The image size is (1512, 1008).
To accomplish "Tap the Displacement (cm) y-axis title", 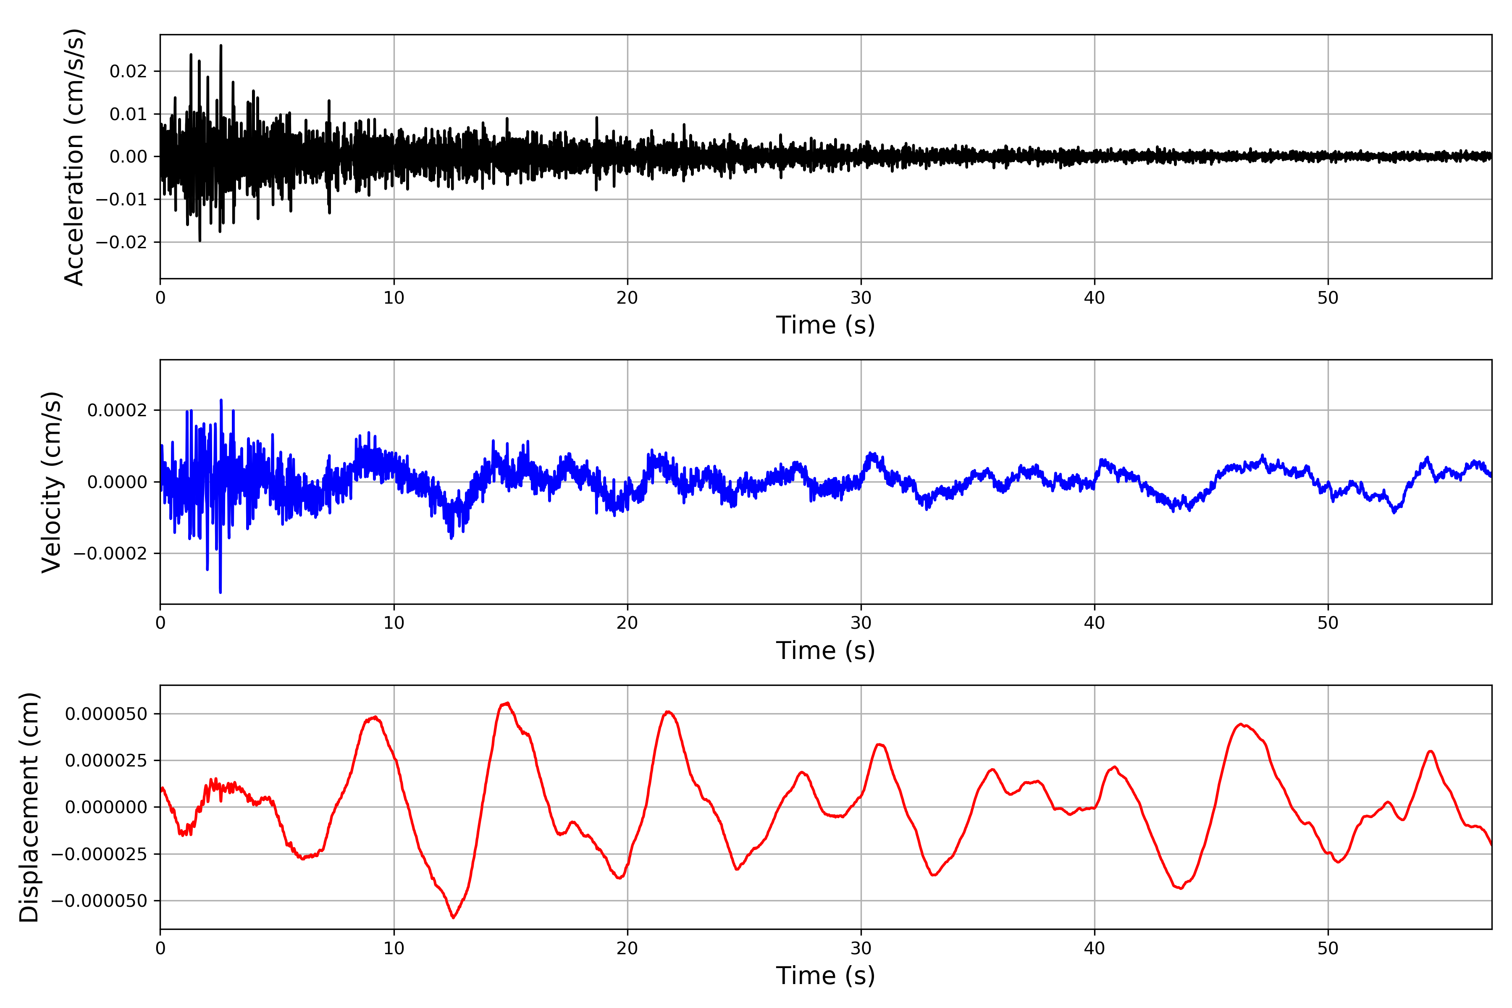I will pyautogui.click(x=29, y=807).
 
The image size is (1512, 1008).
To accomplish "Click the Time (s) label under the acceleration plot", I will pyautogui.click(x=825, y=325).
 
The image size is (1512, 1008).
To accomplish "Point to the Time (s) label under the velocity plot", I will pyautogui.click(x=825, y=651).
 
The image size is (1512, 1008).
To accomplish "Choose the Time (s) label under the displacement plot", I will pyautogui.click(x=825, y=976).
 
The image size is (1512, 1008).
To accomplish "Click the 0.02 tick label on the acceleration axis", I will pyautogui.click(x=128, y=71).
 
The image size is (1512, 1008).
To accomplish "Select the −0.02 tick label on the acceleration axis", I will pyautogui.click(x=121, y=242).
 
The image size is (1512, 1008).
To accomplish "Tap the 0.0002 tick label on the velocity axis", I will pyautogui.click(x=117, y=410).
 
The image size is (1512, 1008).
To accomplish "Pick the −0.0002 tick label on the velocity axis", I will pyautogui.click(x=110, y=554).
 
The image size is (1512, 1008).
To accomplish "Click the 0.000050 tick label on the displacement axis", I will pyautogui.click(x=106, y=714).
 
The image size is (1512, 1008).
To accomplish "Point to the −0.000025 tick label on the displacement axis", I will pyautogui.click(x=99, y=854).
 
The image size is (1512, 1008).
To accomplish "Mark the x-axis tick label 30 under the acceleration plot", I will pyautogui.click(x=861, y=298).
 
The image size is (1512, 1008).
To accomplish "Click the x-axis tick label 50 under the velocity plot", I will pyautogui.click(x=1328, y=624).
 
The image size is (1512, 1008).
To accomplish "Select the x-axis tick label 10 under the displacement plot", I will pyautogui.click(x=394, y=948).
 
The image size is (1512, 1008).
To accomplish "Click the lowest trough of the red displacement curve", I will pyautogui.click(x=453, y=917).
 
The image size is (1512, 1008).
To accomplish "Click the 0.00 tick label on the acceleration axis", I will pyautogui.click(x=128, y=157).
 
